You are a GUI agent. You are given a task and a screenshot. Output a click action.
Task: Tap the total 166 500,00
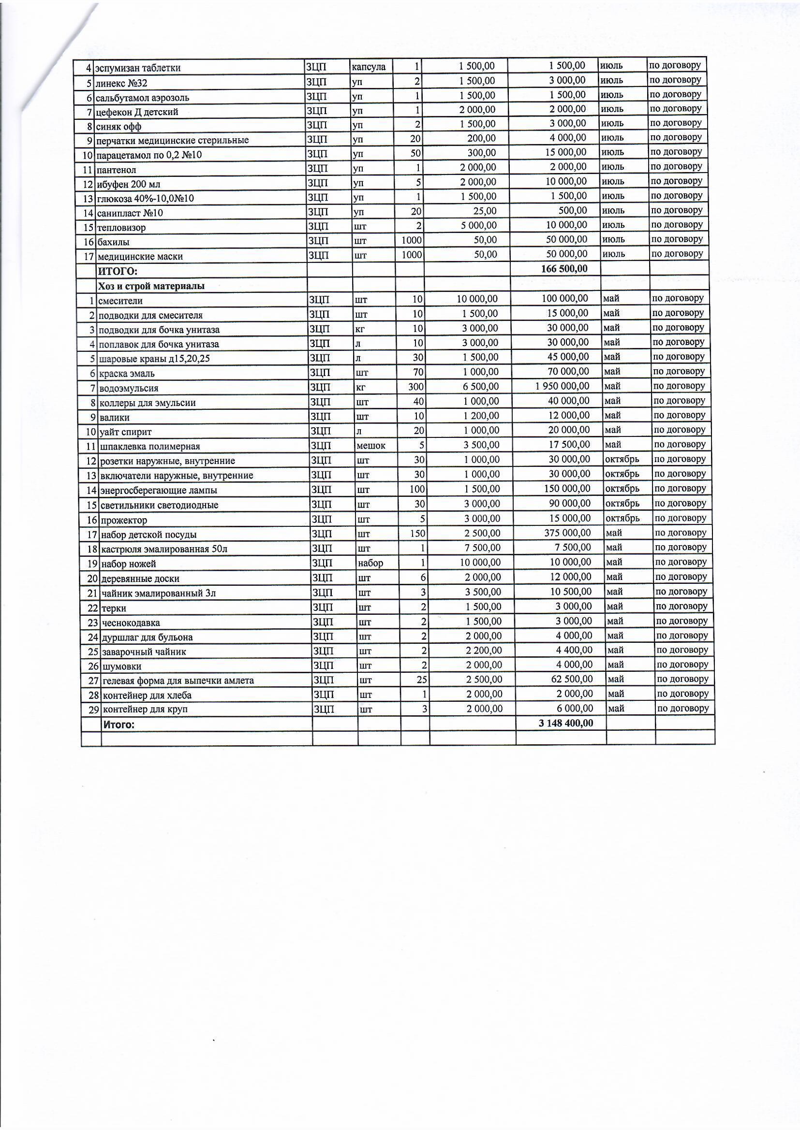pyautogui.click(x=564, y=269)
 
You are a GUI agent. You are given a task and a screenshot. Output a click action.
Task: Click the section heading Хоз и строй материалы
pyautogui.click(x=151, y=286)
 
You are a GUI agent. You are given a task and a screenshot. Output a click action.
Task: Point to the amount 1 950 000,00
pyautogui.click(x=562, y=386)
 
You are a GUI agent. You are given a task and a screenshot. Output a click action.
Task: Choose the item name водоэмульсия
pyautogui.click(x=129, y=388)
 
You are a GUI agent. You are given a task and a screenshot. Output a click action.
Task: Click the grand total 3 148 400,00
pyautogui.click(x=566, y=723)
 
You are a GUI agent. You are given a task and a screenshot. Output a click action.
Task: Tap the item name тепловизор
pyautogui.click(x=121, y=227)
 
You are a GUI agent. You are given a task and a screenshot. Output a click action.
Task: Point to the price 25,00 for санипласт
pyautogui.click(x=485, y=211)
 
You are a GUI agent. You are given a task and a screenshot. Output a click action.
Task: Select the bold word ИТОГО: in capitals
pyautogui.click(x=118, y=271)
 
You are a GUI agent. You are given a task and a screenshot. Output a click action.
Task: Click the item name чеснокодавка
pyautogui.click(x=131, y=623)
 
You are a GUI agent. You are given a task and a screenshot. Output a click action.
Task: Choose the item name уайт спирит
pyautogui.click(x=126, y=432)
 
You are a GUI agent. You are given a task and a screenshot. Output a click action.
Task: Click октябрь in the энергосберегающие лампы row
pyautogui.click(x=622, y=489)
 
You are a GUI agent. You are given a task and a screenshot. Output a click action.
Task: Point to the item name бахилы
pyautogui.click(x=113, y=242)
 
